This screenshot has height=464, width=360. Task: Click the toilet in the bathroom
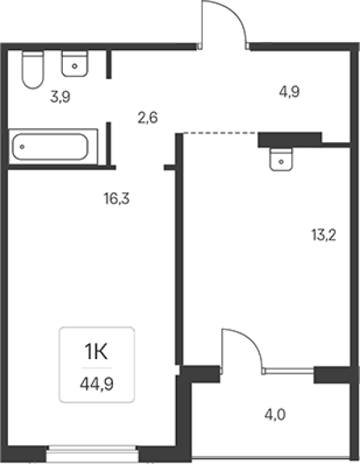point(32,70)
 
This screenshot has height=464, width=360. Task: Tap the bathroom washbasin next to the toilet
point(75,64)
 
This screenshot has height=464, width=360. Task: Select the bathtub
point(53,146)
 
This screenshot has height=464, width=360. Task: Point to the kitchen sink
point(281,159)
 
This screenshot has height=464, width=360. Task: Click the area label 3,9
point(60,97)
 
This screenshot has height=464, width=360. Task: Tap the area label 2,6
point(148,117)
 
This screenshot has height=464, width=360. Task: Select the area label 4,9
point(290,91)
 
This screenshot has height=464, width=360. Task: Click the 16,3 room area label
point(116,198)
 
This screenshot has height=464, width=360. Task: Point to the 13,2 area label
point(323,235)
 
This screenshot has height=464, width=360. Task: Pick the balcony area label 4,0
point(275,415)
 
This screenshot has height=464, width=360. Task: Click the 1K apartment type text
point(96,352)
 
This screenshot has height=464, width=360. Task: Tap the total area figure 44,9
point(97,384)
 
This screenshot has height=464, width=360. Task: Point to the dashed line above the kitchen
point(219,133)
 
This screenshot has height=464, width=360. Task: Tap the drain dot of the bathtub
point(22,146)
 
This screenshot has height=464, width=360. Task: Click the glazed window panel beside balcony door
point(289,371)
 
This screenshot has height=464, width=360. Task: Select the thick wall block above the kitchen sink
point(290,140)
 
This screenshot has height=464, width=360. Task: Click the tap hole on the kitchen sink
point(281,162)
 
